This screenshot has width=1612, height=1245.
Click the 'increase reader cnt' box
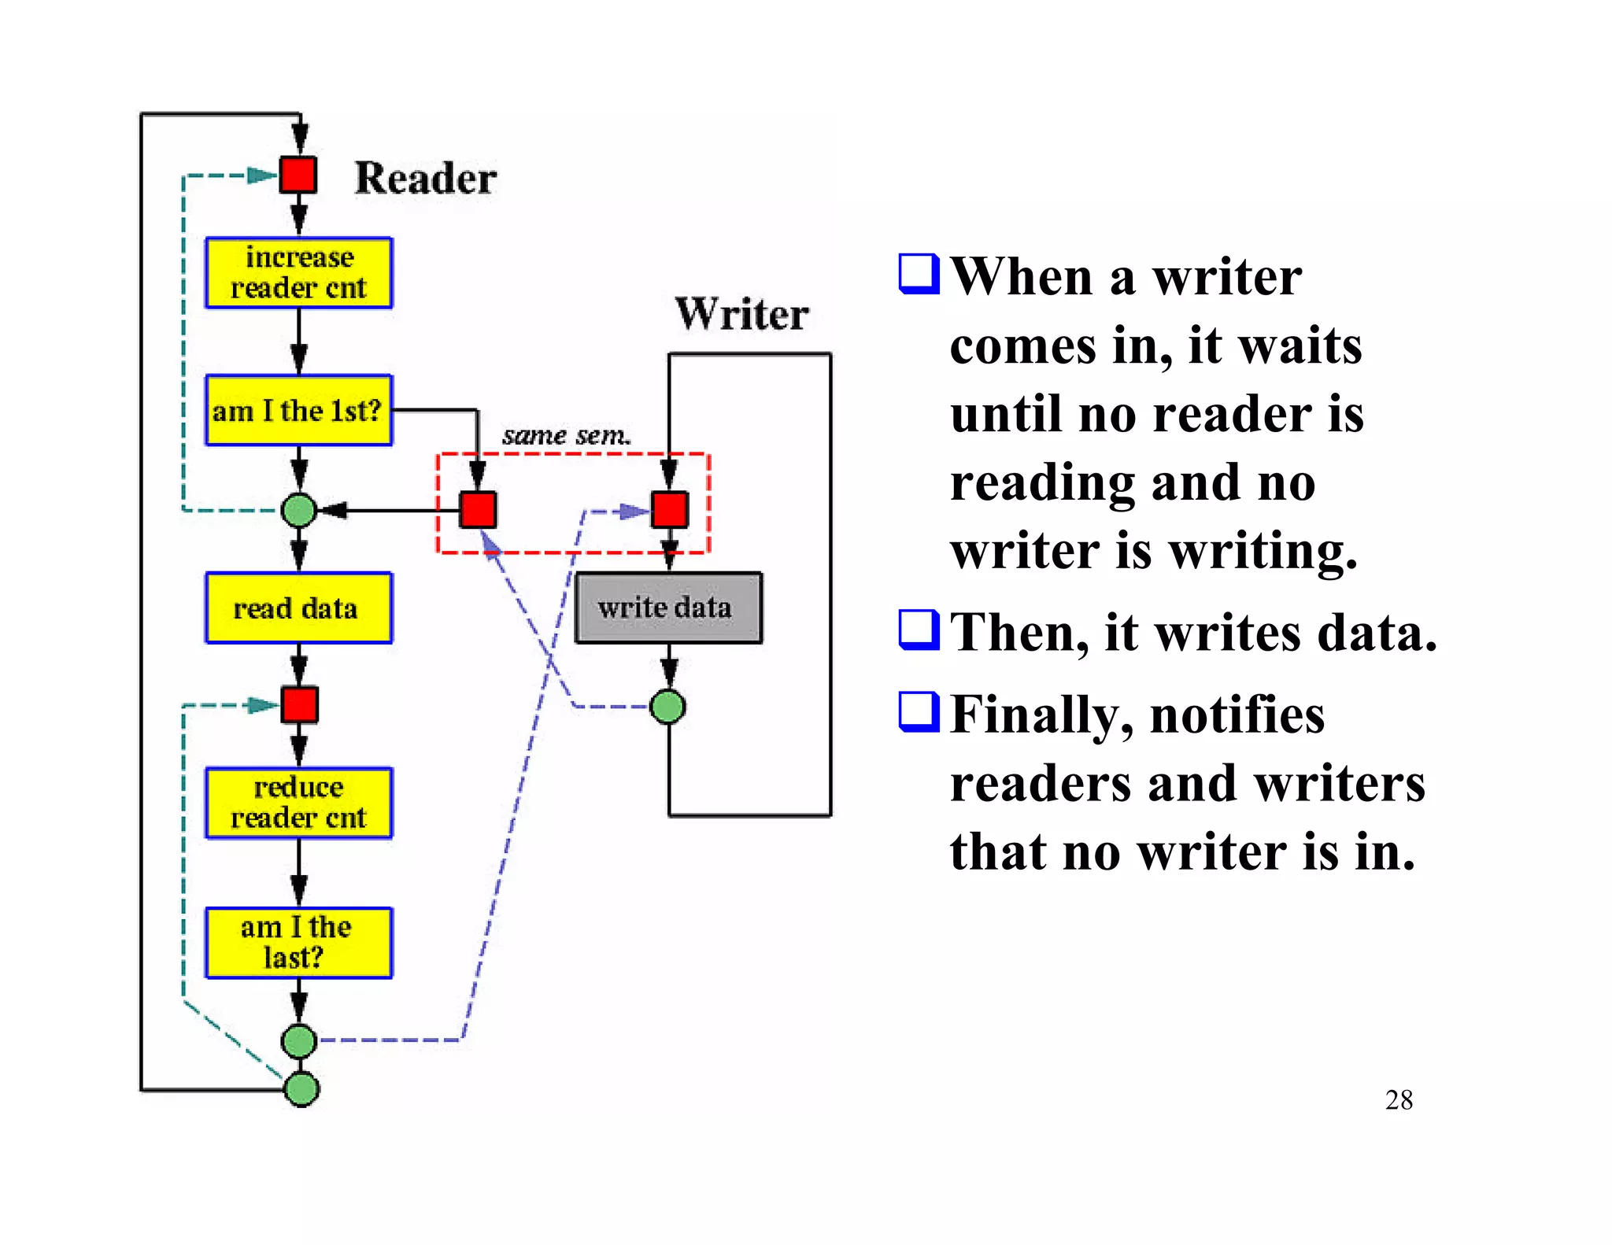[298, 272]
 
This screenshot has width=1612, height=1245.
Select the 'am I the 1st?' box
[298, 410]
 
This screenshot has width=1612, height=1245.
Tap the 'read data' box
[298, 608]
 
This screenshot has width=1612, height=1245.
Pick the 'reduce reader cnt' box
[298, 803]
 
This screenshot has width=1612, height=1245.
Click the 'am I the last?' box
[298, 943]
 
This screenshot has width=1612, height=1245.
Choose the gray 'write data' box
[668, 608]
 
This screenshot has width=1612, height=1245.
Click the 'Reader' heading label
[425, 178]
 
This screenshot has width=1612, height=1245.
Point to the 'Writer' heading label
[741, 314]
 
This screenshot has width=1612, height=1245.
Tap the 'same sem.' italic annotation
[566, 435]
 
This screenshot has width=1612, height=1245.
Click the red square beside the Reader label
[299, 175]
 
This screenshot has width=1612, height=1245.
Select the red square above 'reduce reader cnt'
[300, 704]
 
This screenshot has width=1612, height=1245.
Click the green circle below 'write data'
[668, 707]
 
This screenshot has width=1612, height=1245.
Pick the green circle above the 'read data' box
[299, 511]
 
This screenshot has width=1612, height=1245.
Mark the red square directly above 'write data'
[670, 510]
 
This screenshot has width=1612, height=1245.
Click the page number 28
[1399, 1099]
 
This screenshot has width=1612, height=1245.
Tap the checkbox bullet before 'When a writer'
[919, 274]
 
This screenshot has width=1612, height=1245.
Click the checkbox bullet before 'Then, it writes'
[919, 630]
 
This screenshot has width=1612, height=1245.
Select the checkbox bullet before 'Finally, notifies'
[919, 711]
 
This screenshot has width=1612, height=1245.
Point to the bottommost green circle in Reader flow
[301, 1089]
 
